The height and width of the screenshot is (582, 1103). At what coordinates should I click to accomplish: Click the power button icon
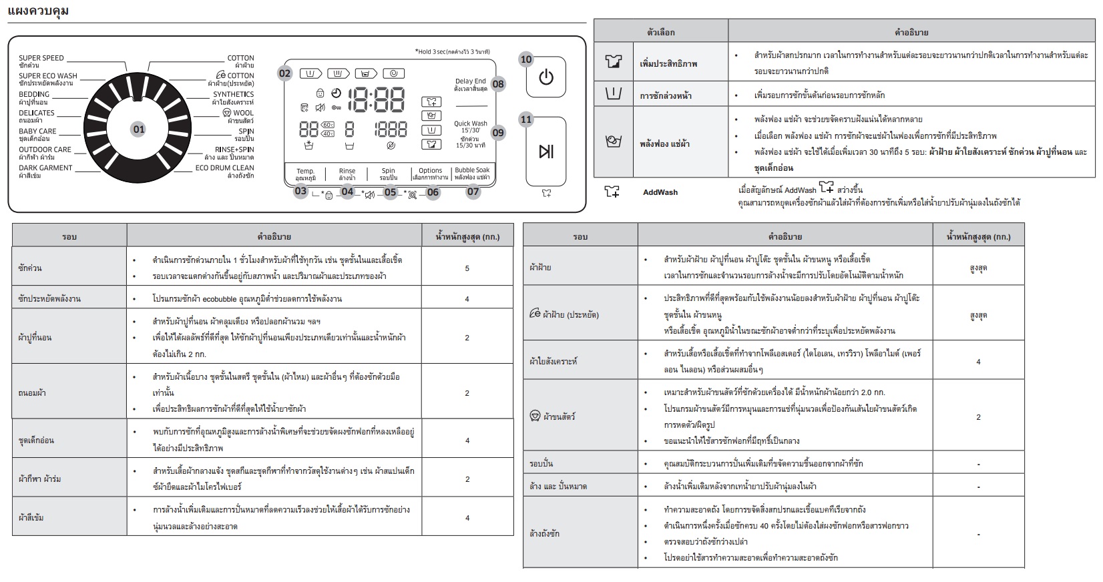(x=545, y=77)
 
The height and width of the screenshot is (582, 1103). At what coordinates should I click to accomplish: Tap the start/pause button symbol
(x=545, y=151)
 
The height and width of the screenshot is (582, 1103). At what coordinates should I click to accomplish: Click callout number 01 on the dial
(x=138, y=129)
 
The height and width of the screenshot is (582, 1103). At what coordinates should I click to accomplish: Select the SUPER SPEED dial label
(x=41, y=57)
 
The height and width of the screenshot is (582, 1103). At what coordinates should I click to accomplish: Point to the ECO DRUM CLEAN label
(x=224, y=168)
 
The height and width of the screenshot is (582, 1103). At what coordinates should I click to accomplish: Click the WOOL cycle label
(x=243, y=113)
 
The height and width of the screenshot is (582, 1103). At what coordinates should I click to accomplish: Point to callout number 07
(x=473, y=192)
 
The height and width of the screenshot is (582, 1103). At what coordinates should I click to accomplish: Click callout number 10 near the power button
(x=526, y=59)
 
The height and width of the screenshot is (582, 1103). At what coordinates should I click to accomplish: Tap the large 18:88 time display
(x=377, y=100)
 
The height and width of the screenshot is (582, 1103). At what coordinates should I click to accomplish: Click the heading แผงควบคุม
(x=38, y=11)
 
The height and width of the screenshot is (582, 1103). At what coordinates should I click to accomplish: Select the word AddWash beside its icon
(x=660, y=192)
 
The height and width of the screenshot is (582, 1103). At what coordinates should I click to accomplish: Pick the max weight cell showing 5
(x=467, y=268)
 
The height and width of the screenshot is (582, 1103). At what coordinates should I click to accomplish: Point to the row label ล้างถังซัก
(x=544, y=533)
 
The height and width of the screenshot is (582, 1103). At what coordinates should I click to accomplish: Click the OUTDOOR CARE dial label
(x=45, y=150)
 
